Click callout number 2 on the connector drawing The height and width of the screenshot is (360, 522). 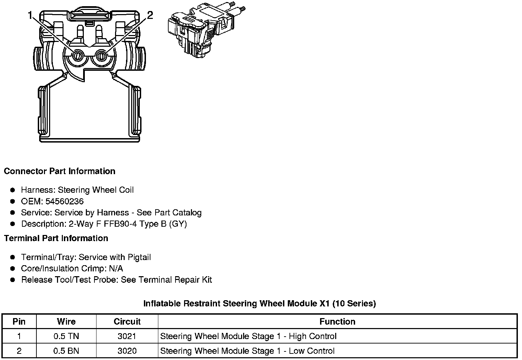coord(150,15)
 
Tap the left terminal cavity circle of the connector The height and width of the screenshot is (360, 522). coord(77,56)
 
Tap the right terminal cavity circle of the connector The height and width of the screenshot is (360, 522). coord(101,56)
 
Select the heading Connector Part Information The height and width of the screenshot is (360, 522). coord(59,171)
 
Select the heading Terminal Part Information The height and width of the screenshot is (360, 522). coord(56,238)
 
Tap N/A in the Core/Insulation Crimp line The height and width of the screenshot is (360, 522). coord(115,268)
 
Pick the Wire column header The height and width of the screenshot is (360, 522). coord(66,322)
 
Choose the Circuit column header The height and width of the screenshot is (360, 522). coord(127,322)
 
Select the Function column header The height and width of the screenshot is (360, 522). coord(337,322)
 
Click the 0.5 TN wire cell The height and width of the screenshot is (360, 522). coord(66,336)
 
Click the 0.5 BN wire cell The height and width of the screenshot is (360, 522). coord(66,351)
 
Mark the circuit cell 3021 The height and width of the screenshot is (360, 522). coord(127,336)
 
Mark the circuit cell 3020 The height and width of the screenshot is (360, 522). coord(127,351)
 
